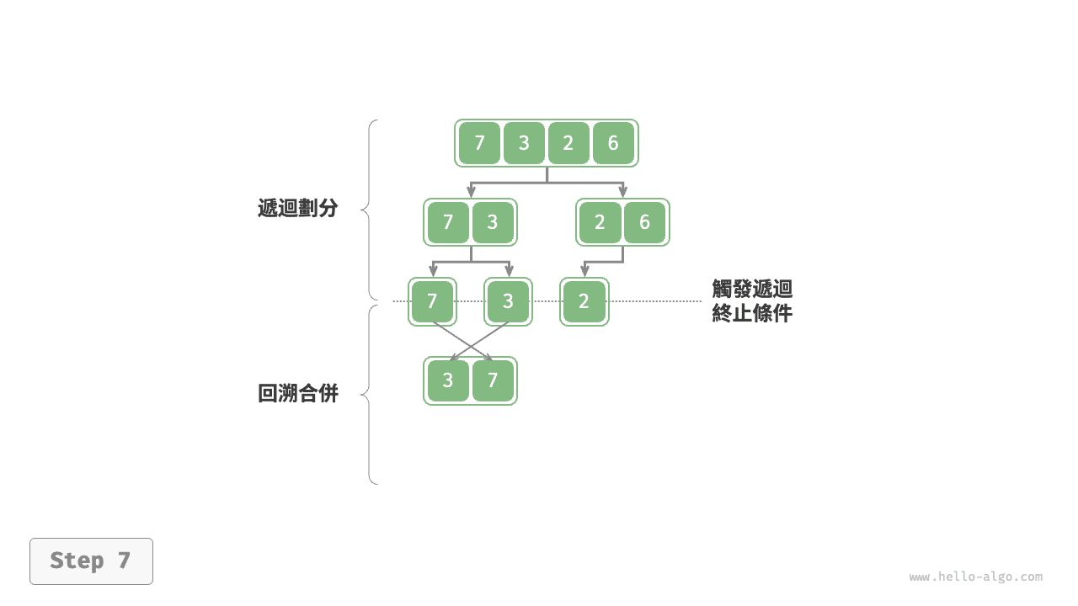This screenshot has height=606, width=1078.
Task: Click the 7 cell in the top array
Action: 479,143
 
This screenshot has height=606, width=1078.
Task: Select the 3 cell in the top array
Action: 524,143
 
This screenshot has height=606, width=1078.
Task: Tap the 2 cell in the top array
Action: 568,143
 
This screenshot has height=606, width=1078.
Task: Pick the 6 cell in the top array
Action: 613,143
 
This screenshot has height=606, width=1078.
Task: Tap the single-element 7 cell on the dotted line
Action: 432,301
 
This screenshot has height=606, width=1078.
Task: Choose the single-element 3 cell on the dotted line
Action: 508,301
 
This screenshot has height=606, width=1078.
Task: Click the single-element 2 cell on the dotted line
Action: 584,301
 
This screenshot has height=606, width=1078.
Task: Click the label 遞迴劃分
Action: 297,209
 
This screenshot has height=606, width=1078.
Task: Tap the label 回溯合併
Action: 297,394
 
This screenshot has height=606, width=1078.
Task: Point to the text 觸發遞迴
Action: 752,290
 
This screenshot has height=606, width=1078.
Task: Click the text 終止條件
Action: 752,314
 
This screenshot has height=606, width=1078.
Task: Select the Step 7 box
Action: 91,561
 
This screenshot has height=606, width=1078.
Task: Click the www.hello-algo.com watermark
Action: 975,577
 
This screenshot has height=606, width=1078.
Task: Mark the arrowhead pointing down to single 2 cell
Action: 584,271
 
